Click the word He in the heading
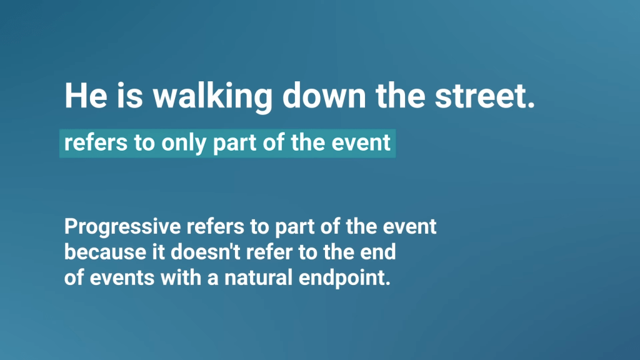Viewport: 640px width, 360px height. [86, 96]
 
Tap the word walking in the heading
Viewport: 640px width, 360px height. [212, 97]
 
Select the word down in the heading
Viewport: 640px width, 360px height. [324, 96]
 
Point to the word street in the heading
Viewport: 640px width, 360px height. [480, 96]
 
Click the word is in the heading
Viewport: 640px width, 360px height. [130, 96]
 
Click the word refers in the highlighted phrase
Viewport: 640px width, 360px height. [96, 142]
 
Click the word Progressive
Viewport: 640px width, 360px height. [122, 227]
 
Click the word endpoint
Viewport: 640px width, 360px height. [344, 278]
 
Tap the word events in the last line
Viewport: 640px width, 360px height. [122, 278]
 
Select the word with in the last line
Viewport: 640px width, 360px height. [181, 277]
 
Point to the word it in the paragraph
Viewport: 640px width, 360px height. [158, 252]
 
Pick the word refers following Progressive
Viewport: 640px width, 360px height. [215, 226]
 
